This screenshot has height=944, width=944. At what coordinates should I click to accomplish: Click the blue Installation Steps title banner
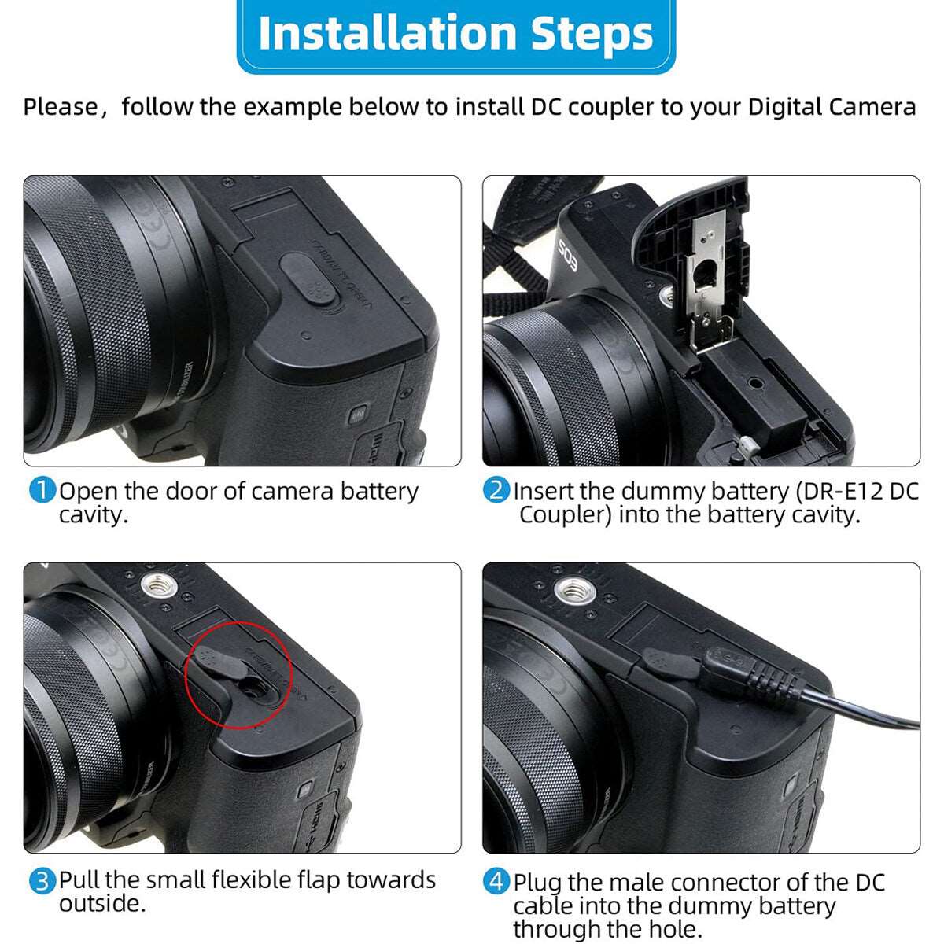point(455,35)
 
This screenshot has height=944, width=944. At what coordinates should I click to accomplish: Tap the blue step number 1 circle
point(42,490)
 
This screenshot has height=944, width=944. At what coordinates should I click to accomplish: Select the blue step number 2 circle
point(496,490)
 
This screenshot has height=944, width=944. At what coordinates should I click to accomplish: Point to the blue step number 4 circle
point(496,882)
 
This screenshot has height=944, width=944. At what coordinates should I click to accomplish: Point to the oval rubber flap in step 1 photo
point(308,278)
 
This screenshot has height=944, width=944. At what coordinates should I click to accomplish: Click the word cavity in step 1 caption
point(93,514)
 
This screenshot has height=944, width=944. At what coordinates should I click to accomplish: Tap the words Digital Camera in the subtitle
point(832,107)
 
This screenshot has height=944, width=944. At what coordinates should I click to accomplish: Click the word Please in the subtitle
point(61,107)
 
